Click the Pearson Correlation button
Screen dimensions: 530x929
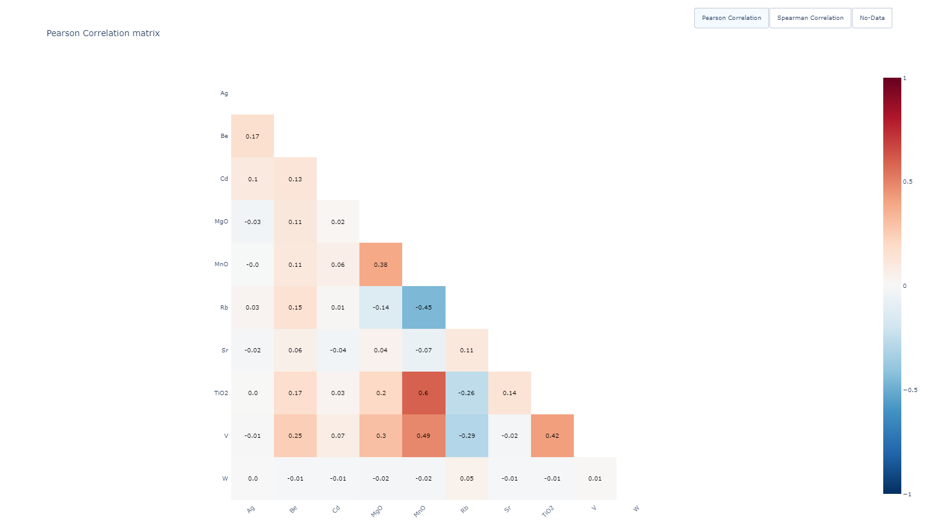[x=731, y=18]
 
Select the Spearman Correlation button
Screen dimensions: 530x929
[x=810, y=18]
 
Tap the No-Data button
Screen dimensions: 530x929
[x=872, y=18]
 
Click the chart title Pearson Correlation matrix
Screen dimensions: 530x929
[x=103, y=33]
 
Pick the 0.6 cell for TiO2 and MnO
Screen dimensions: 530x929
[x=424, y=393]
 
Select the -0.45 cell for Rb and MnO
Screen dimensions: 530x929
[x=424, y=307]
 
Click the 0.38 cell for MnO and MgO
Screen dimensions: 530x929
[x=381, y=264]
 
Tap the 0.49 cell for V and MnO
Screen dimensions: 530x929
[x=424, y=435]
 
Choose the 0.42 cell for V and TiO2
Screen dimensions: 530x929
[x=552, y=435]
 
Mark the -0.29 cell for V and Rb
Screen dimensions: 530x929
[x=467, y=435]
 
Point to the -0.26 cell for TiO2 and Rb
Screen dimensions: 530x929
[x=467, y=393]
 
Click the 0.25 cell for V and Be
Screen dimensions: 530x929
[x=295, y=435]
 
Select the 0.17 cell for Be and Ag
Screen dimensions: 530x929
[x=252, y=136]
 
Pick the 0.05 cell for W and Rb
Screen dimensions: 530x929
[x=467, y=478]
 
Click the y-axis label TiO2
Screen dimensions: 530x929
[x=221, y=393]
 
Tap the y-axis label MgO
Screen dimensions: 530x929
[x=221, y=222]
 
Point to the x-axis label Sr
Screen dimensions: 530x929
[x=508, y=510]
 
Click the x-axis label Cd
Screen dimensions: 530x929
[x=336, y=510]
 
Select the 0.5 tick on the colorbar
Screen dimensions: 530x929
[x=907, y=182]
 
